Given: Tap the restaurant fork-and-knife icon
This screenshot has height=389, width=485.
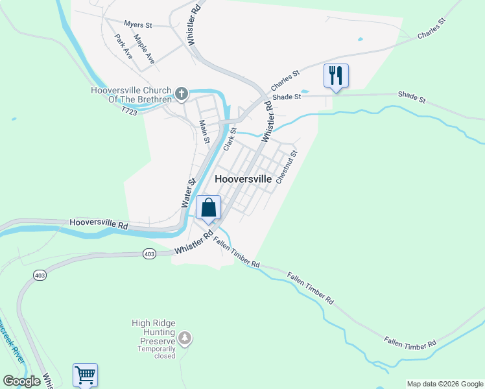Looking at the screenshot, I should pos(336,76).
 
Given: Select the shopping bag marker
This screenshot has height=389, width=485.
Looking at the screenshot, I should pos(209,208).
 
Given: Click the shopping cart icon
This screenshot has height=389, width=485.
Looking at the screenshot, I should pos(85,375).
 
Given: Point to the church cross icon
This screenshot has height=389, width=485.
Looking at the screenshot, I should pos(182,94).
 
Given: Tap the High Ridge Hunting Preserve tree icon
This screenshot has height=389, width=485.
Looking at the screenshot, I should pos(185,337).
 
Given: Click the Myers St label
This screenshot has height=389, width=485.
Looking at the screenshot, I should pos(137,25).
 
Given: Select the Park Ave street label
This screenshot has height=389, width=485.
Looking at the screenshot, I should pos(123,47).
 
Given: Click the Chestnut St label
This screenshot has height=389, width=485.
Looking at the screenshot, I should pos(287,167).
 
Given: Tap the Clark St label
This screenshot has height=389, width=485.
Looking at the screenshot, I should pos(230,139).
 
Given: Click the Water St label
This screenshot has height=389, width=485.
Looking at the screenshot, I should pos(188,193).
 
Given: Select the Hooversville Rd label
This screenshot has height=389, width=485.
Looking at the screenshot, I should pos(99,224).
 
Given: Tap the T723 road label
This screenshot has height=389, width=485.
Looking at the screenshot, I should pos(129,112).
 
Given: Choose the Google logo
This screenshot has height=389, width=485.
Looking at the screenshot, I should pos(22,381).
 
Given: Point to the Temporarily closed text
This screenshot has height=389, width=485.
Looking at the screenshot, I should pos(156,352).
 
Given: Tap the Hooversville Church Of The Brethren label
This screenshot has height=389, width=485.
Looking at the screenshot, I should pos(132,95).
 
